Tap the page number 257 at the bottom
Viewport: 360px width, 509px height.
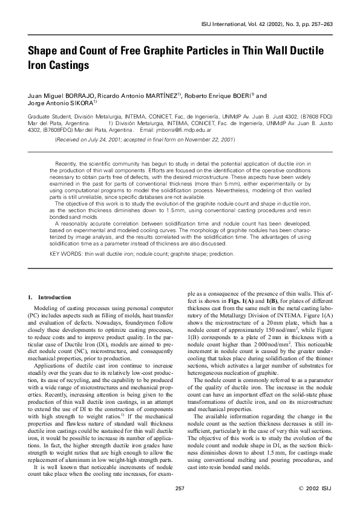click(x=180, y=488)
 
